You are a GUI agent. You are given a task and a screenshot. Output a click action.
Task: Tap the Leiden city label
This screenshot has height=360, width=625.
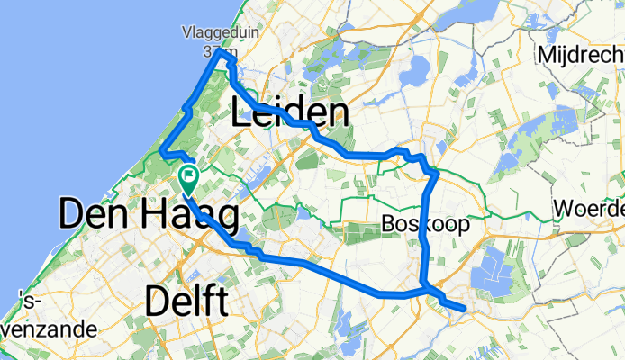(290, 113)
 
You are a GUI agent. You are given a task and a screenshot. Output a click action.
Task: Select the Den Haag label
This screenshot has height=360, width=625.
(149, 216)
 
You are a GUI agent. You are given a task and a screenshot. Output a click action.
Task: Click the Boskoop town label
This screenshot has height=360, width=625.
(425, 224)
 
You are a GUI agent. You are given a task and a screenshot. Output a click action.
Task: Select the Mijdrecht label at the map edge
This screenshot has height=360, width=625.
(581, 55)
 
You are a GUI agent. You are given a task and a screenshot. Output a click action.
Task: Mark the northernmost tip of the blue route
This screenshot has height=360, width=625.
(220, 52)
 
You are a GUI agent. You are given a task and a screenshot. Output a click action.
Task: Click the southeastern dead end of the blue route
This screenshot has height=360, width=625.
(463, 310)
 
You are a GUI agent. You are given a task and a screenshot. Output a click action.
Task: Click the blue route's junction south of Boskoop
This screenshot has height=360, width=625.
(424, 290)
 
